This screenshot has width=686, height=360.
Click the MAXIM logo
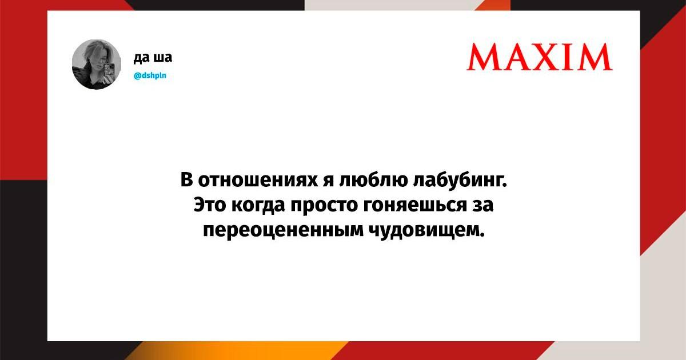[x=540, y=57]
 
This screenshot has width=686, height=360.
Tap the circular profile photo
[x=97, y=64]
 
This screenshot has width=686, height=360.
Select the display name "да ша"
[x=153, y=57]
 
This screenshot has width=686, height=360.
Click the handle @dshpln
[x=150, y=75]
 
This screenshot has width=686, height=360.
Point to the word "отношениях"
[x=258, y=179]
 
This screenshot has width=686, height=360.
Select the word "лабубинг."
[x=460, y=179]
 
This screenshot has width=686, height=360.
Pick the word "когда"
[x=258, y=205]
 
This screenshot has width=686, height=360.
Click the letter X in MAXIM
[x=553, y=57]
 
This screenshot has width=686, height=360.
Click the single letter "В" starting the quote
[x=186, y=179]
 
